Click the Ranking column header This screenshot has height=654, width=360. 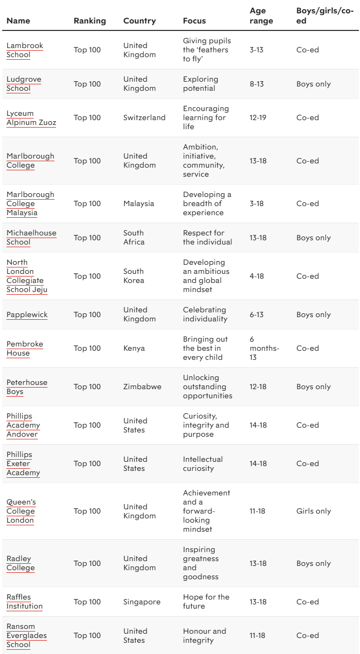[90, 21]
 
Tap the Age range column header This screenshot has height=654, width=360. [261, 16]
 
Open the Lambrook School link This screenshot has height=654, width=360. [25, 50]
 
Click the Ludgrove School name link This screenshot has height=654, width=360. [24, 84]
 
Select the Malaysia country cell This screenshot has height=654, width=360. [138, 203]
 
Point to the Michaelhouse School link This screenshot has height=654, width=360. [31, 238]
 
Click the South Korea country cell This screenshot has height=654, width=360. [134, 276]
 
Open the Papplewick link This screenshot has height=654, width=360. [27, 314]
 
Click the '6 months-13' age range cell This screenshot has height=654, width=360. [264, 348]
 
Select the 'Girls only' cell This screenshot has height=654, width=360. [314, 511]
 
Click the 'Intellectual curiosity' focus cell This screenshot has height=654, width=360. [202, 463]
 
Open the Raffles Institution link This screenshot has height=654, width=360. [25, 602]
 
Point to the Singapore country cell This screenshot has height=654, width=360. [142, 602]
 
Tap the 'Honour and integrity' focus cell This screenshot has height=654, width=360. [204, 635]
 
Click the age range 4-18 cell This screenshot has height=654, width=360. [257, 276]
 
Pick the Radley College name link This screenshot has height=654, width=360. [20, 563]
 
